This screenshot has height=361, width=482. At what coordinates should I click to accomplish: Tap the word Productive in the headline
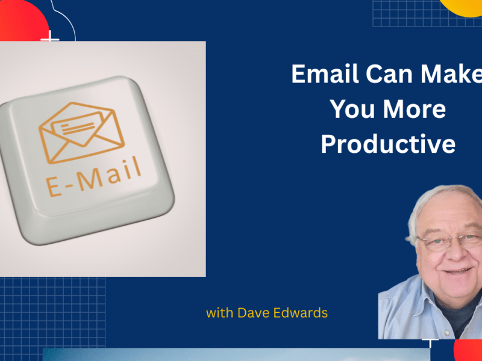click(x=387, y=144)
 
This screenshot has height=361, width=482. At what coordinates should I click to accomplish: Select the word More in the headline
click(x=415, y=109)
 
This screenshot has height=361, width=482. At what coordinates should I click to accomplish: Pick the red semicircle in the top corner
click(x=21, y=18)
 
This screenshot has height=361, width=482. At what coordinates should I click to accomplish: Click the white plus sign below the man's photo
click(x=430, y=343)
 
